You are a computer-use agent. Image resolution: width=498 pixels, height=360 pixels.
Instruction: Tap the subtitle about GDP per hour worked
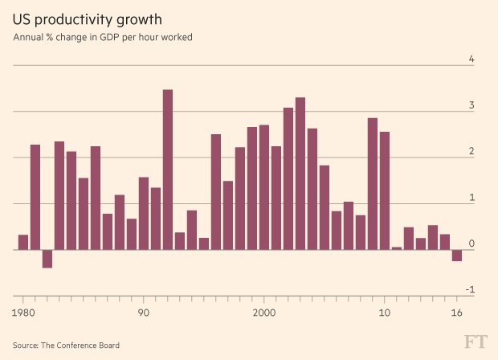point(103,37)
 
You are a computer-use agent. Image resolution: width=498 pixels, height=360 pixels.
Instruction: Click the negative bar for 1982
point(47,258)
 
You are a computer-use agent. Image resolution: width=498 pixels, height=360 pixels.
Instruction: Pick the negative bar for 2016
point(457,255)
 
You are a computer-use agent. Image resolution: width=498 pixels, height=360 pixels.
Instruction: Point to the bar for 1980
point(23,242)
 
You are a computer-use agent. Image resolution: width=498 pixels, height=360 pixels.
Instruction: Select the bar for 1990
point(144,213)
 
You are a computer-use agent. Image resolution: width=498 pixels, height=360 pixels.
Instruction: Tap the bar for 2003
point(300,173)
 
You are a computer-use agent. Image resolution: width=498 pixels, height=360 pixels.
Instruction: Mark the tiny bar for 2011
point(397,247)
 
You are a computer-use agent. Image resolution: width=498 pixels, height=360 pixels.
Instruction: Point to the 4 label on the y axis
point(471,59)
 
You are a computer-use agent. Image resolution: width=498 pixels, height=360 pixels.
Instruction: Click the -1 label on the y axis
point(470,290)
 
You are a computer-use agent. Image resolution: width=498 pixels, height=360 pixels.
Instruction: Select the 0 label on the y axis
point(471,243)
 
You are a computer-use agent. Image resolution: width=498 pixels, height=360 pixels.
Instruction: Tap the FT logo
point(475,343)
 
